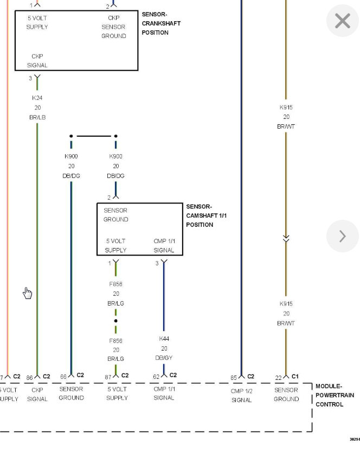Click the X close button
pos(343,21)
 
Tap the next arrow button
pos(343,236)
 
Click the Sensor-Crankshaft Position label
pos(161,23)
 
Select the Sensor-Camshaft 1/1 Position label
pos(207,215)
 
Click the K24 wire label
pos(37,98)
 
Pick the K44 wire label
pos(164,339)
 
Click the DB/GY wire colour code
pos(164,358)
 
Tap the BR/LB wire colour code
pos(37,117)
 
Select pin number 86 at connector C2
pos(30,377)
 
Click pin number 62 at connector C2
pos(156,376)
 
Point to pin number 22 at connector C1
pos(278,377)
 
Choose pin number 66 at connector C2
pos(63,376)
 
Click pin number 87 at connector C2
pos(108,376)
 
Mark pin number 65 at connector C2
pos(234,377)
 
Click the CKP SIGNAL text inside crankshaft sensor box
pos(37,61)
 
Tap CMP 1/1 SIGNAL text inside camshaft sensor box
pos(164,245)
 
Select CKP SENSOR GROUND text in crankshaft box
pos(114,27)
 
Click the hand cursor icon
pos(28,294)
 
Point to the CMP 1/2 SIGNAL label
pos(241,395)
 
